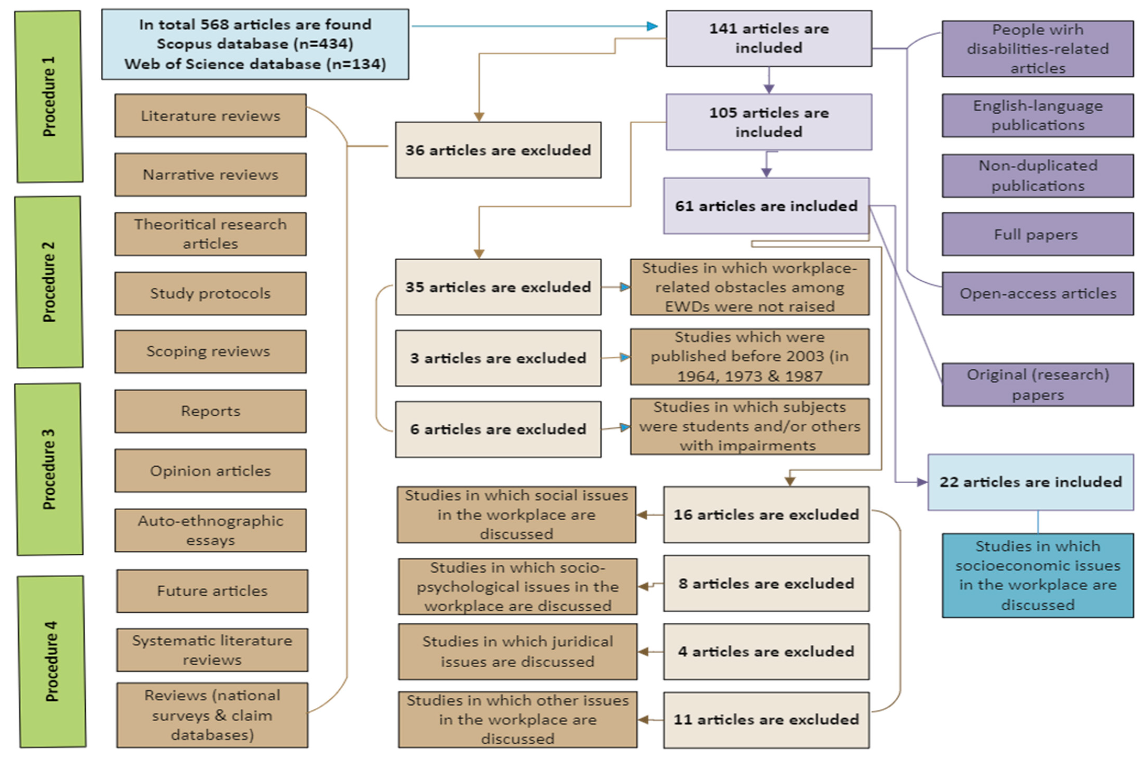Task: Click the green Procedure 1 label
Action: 49,97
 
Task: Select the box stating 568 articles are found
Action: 255,44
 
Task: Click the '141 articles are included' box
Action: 768,38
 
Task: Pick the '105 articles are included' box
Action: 768,122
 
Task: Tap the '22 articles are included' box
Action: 1030,482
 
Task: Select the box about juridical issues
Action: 518,651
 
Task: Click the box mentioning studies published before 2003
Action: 749,357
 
